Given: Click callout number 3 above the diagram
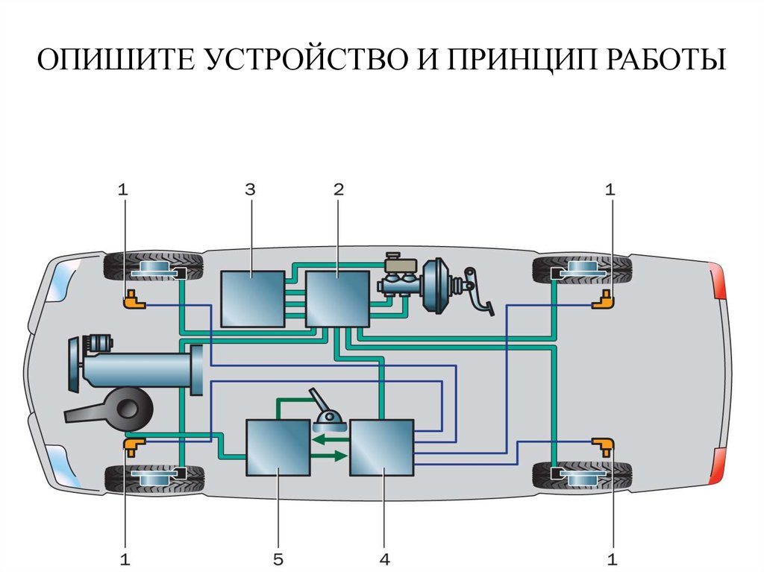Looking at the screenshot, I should (250, 190).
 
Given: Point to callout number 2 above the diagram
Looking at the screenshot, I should (338, 190).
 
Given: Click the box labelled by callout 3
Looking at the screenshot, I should (252, 298).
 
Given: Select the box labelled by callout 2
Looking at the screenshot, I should (339, 298).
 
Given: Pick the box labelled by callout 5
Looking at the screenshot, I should (278, 447).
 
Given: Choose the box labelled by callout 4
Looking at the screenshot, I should (381, 447).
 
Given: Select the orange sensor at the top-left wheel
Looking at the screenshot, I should (134, 301).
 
